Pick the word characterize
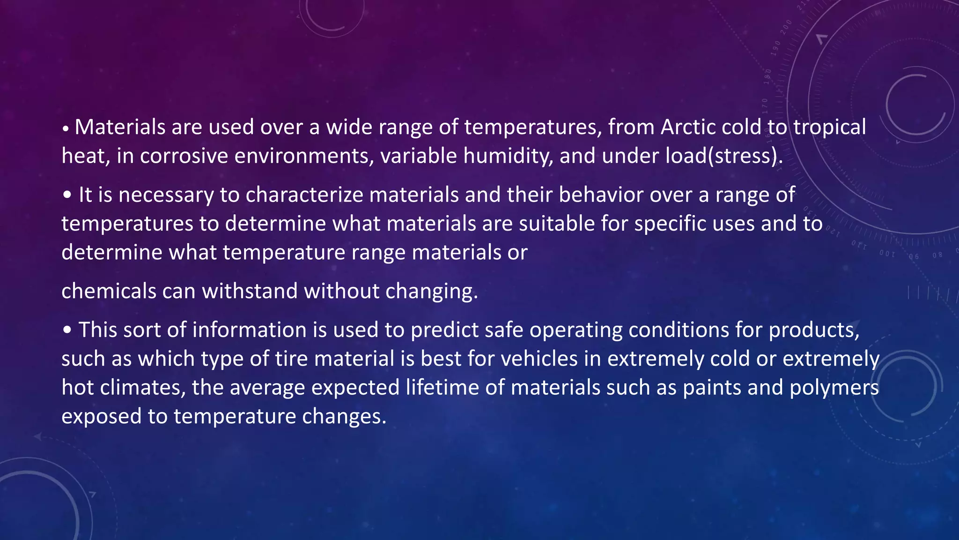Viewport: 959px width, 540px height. pyautogui.click(x=304, y=195)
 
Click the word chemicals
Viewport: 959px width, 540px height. pyautogui.click(x=109, y=291)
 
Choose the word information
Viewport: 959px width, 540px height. pyautogui.click(x=250, y=330)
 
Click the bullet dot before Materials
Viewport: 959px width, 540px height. pyautogui.click(x=66, y=128)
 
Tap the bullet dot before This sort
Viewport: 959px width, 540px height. pyautogui.click(x=67, y=330)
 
